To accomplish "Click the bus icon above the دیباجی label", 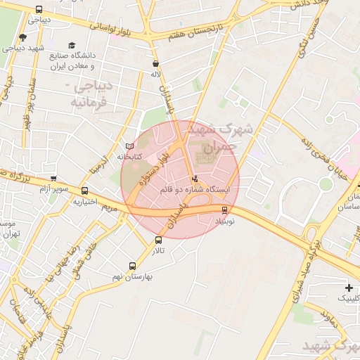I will click(39, 11).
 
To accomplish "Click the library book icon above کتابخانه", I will click(129, 146).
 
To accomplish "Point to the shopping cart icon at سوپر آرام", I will click(53, 179).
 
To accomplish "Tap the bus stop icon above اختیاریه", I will click(85, 191).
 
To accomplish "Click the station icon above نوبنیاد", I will click(225, 210).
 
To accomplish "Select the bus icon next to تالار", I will click(157, 240).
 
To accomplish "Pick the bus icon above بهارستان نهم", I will click(132, 266).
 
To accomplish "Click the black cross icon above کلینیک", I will click(349, 288).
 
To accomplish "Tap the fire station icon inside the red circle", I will click(195, 179).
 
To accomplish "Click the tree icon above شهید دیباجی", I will click(22, 38).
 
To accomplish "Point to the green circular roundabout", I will click(325, 184).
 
